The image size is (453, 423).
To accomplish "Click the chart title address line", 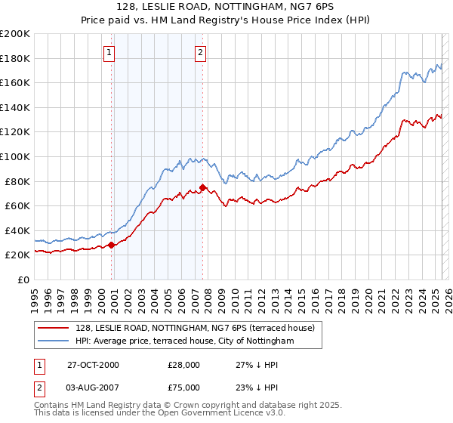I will point(226,7).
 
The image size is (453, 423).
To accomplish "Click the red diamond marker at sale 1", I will point(112,245).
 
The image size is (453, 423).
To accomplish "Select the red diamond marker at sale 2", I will point(202,187).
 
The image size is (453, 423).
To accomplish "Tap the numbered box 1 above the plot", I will point(110,53).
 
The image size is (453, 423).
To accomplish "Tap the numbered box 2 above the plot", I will point(201,53).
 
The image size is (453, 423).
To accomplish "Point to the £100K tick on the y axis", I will point(14,156).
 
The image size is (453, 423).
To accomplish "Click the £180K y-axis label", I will point(14,58).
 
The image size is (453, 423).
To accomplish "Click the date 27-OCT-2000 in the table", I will point(93,365).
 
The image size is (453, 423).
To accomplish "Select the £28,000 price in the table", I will point(183,365).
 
